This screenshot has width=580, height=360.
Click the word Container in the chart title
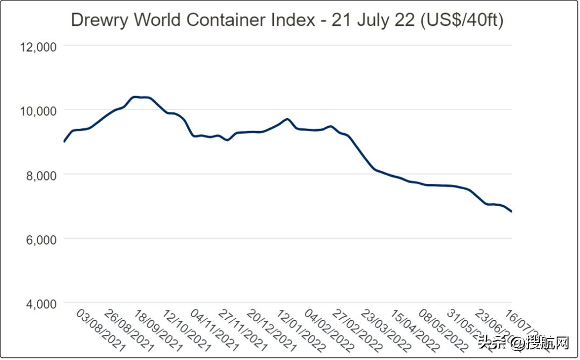click(x=227, y=20)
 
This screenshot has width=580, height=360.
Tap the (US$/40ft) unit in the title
click(x=461, y=20)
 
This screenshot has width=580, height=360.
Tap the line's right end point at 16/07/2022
click(x=511, y=212)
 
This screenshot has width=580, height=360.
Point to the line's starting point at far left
click(x=64, y=142)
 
